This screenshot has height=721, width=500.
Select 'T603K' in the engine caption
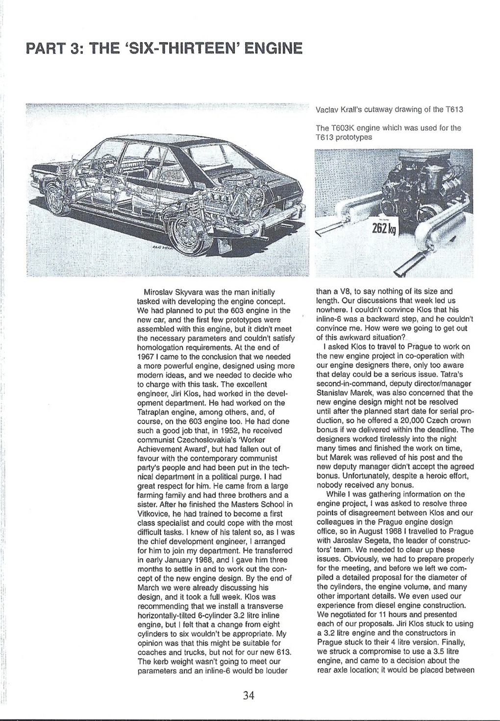pos(341,128)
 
